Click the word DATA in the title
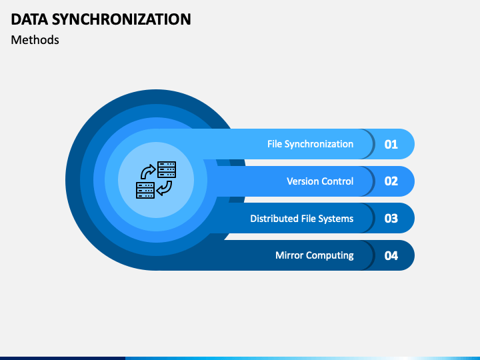29,19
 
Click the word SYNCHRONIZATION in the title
121,19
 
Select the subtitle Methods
35,40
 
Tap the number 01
391,144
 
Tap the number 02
391,181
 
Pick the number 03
391,218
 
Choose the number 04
391,255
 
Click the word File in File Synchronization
274,144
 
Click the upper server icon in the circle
167,169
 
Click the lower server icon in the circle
145,191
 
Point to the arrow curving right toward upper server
147,172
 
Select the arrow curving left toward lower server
165,188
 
